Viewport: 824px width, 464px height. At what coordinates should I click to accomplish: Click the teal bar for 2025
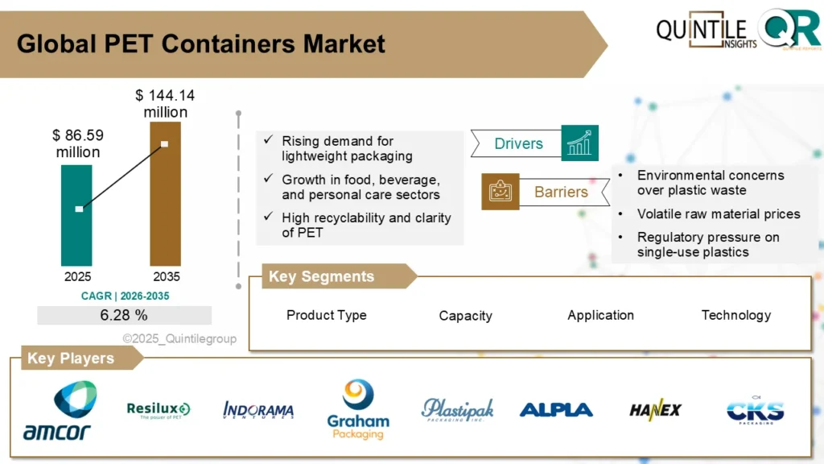click(77, 215)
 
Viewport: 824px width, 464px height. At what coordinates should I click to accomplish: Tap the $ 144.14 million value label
click(165, 104)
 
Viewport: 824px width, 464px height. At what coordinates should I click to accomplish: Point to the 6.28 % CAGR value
click(124, 315)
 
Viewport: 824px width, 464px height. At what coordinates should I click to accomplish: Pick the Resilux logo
click(159, 411)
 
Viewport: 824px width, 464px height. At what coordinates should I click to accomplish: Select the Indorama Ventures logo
click(258, 411)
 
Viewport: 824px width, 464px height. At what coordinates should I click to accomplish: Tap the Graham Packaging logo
click(358, 411)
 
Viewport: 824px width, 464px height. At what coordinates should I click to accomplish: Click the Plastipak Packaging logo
click(457, 410)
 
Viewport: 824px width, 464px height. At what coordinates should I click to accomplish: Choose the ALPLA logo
click(556, 410)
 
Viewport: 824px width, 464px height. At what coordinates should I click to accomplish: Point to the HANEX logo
click(655, 410)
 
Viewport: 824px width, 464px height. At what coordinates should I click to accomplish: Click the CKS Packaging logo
click(755, 411)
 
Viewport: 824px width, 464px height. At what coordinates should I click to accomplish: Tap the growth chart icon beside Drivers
click(579, 143)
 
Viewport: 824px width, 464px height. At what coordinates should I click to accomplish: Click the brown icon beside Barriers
click(500, 192)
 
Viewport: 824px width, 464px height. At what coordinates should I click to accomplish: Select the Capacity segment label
click(465, 316)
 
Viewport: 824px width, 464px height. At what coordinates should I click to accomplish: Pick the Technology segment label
click(735, 315)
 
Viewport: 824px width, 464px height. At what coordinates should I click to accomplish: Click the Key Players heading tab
click(73, 358)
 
